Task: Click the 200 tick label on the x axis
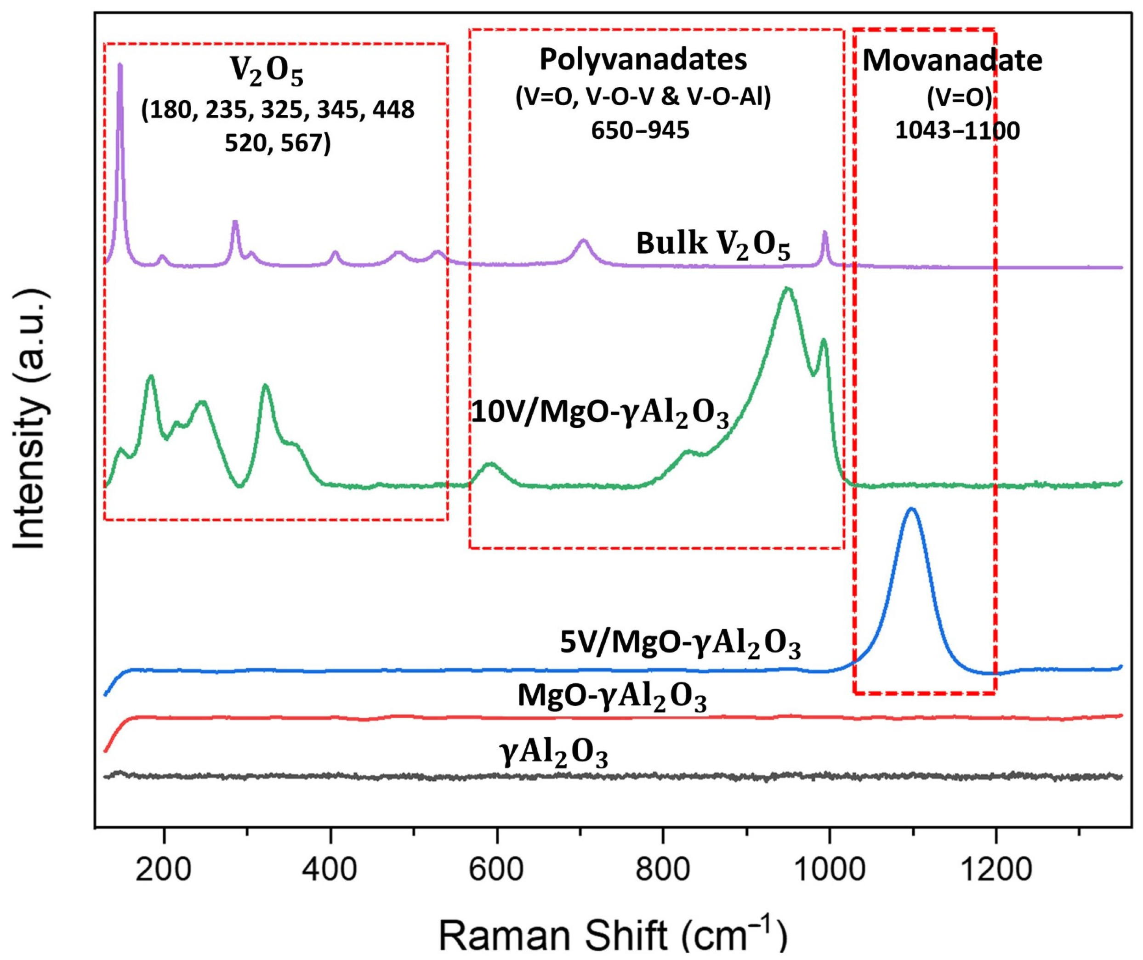163,869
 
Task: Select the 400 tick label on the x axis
330,869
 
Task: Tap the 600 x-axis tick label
496,869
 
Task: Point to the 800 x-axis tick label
663,869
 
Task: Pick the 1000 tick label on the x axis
829,869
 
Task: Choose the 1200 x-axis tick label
995,869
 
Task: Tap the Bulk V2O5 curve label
713,245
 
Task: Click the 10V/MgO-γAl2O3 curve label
599,414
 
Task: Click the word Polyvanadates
643,60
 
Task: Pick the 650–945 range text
640,131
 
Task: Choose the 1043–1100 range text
957,131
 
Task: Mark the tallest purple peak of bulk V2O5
120,65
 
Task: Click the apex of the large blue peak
912,509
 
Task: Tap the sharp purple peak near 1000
825,233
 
